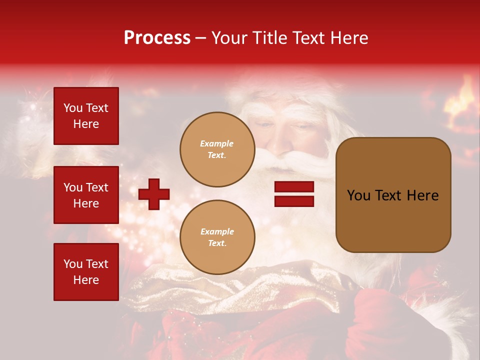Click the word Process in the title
click(x=157, y=38)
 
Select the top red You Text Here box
click(x=86, y=116)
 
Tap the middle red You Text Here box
click(x=86, y=195)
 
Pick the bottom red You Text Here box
click(x=86, y=272)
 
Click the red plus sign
click(x=154, y=194)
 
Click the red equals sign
click(x=294, y=194)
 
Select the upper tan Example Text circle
click(x=217, y=149)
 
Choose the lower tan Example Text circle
click(x=217, y=237)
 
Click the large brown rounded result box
click(x=393, y=195)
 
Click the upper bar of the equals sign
click(x=294, y=187)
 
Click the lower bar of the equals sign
click(x=294, y=201)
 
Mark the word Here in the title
click(x=349, y=38)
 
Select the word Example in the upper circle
click(x=217, y=143)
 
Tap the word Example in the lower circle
click(x=217, y=231)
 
